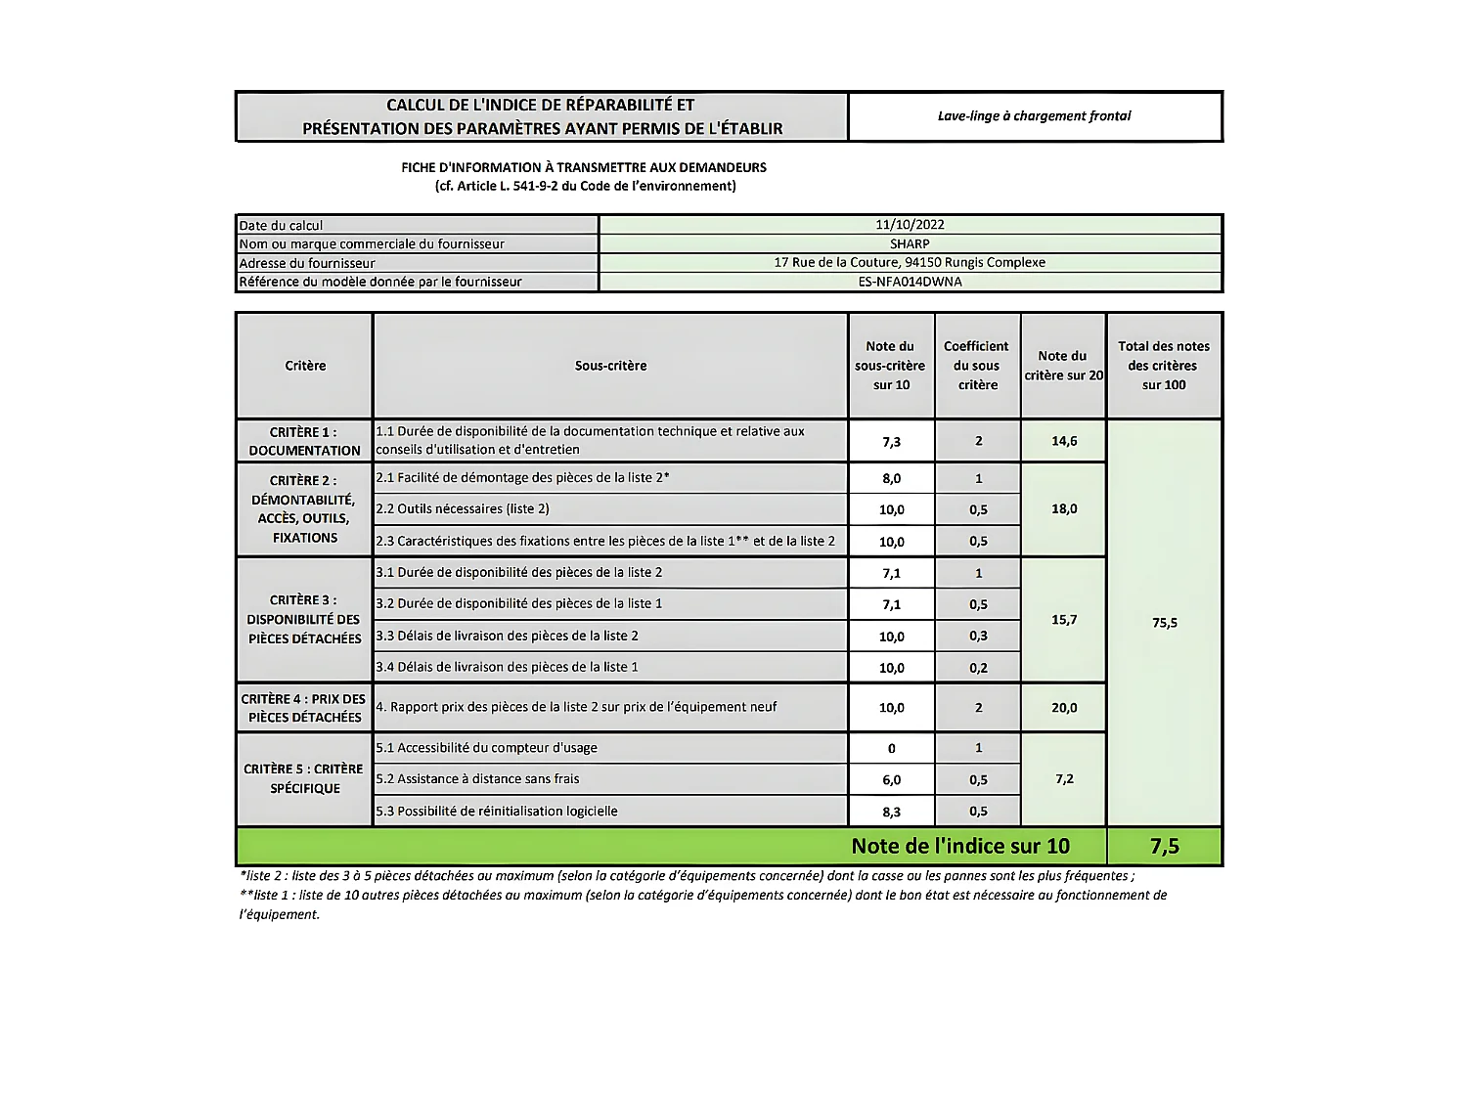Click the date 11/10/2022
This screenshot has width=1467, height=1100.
(x=910, y=225)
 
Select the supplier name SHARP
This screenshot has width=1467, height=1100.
(x=910, y=243)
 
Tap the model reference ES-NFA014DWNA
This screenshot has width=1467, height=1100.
(x=910, y=282)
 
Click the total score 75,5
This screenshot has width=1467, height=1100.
(x=1164, y=623)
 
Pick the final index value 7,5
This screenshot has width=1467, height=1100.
(x=1164, y=846)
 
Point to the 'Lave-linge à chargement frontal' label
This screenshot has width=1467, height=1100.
(x=1034, y=116)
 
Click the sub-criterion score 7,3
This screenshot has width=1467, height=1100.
(x=891, y=442)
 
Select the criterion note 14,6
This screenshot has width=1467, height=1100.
(x=1064, y=441)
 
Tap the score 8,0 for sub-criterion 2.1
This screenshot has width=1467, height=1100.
(x=891, y=478)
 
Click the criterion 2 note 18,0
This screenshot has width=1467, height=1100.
(x=1064, y=509)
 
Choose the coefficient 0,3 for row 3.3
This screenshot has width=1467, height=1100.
(x=978, y=636)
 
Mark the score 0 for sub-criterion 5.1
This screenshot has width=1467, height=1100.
(x=891, y=748)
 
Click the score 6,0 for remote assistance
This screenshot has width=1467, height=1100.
(x=891, y=779)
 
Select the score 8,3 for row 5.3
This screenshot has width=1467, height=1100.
(x=891, y=812)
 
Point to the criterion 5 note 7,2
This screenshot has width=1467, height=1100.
(x=1064, y=779)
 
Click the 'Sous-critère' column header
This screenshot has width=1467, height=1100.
(x=610, y=366)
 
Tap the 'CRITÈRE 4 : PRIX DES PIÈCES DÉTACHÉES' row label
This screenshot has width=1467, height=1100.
(x=304, y=708)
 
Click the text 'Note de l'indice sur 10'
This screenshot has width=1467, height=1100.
(x=960, y=846)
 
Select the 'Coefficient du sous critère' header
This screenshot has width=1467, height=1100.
(x=977, y=366)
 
